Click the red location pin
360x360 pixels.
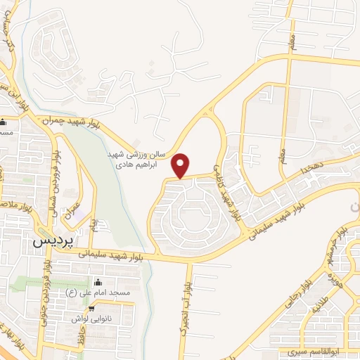(x=181, y=166)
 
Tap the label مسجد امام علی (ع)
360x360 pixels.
(x=110, y=292)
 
